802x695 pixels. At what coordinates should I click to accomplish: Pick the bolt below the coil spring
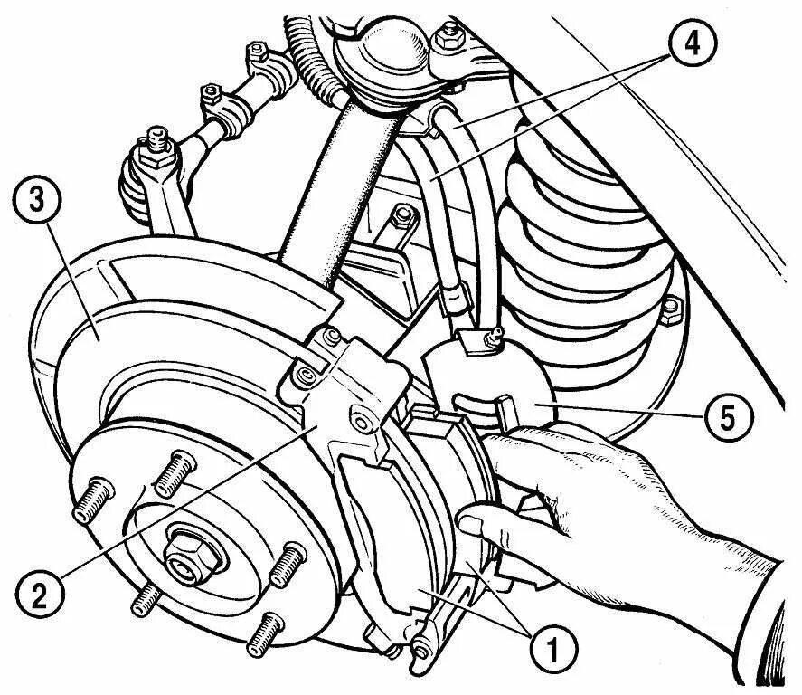point(670,310)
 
